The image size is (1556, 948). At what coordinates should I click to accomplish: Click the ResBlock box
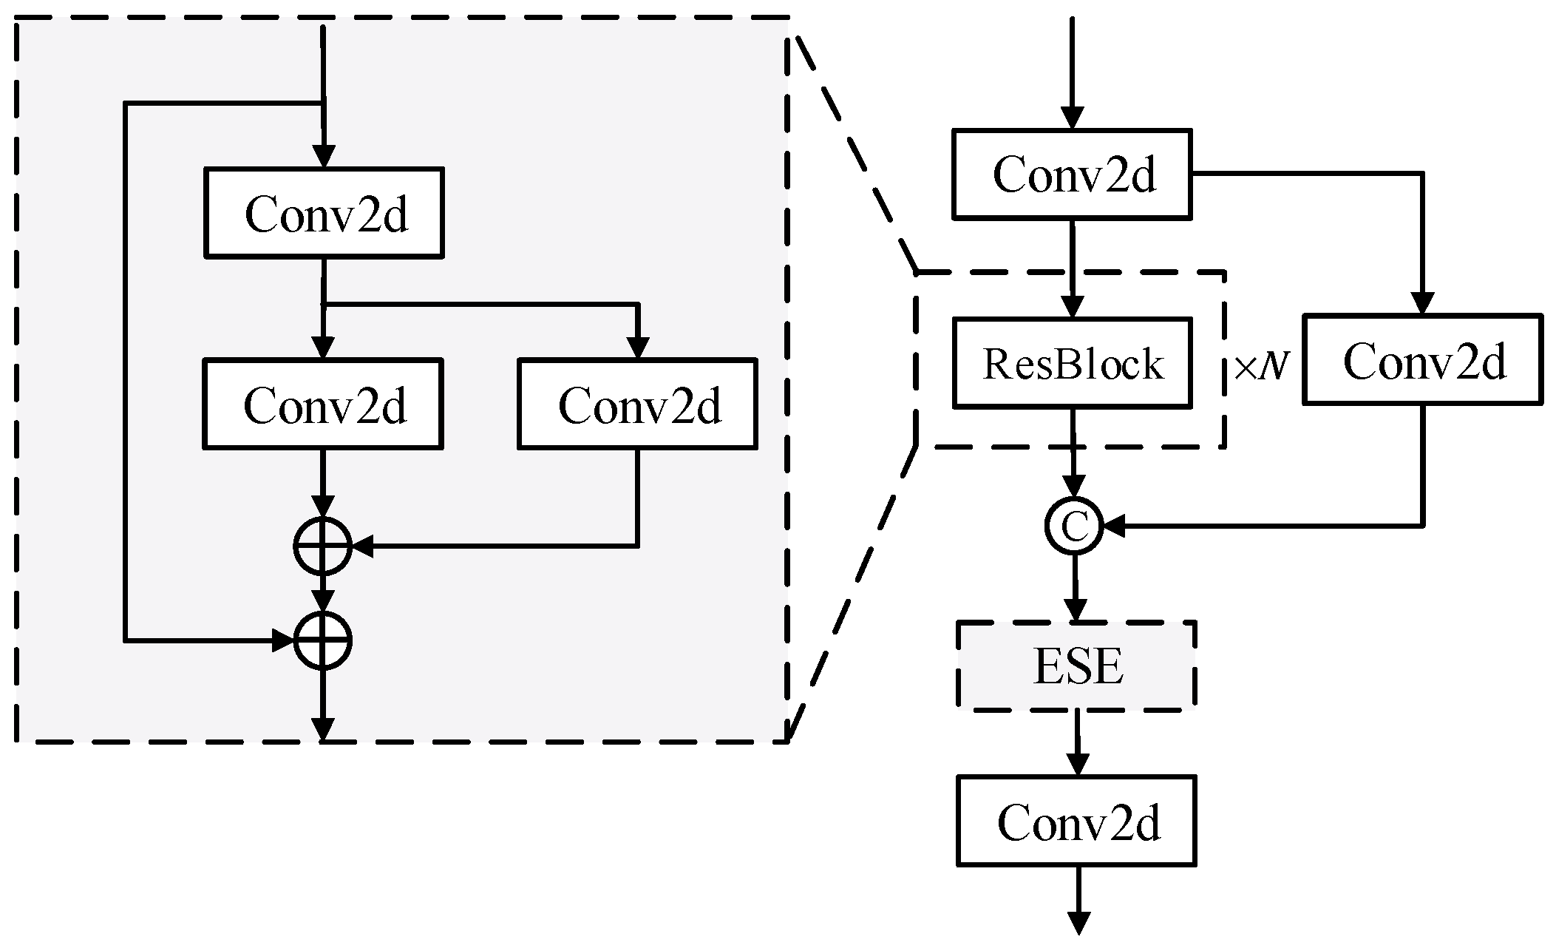tap(1072, 363)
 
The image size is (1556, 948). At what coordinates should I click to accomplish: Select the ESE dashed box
tap(1076, 666)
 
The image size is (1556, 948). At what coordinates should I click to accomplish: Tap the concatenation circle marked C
tap(1074, 527)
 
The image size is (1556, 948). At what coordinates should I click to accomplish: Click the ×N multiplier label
tap(1261, 366)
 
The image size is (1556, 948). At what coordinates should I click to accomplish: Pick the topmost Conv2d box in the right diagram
tap(1072, 175)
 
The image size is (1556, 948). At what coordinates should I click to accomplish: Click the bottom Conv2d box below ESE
tap(1076, 821)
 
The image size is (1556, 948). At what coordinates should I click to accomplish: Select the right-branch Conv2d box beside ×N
tap(1422, 360)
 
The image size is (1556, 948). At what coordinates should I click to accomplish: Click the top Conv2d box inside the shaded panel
tap(324, 213)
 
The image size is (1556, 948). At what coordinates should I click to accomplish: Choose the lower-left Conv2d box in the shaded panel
tap(323, 404)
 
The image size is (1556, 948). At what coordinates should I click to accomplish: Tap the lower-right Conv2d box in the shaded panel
tap(637, 404)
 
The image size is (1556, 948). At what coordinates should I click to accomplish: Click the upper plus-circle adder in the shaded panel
tap(322, 547)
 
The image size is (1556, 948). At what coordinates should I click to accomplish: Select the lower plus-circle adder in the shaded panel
tap(322, 641)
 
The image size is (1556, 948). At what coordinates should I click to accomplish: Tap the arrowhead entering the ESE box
tap(1075, 610)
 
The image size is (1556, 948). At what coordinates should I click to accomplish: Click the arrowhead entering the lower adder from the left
tap(284, 641)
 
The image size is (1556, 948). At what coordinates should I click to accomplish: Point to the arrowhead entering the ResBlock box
tap(1072, 306)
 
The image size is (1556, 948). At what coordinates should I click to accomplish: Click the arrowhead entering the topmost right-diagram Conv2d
tap(1072, 118)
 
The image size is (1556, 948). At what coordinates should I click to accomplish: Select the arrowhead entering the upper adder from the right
tap(363, 547)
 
